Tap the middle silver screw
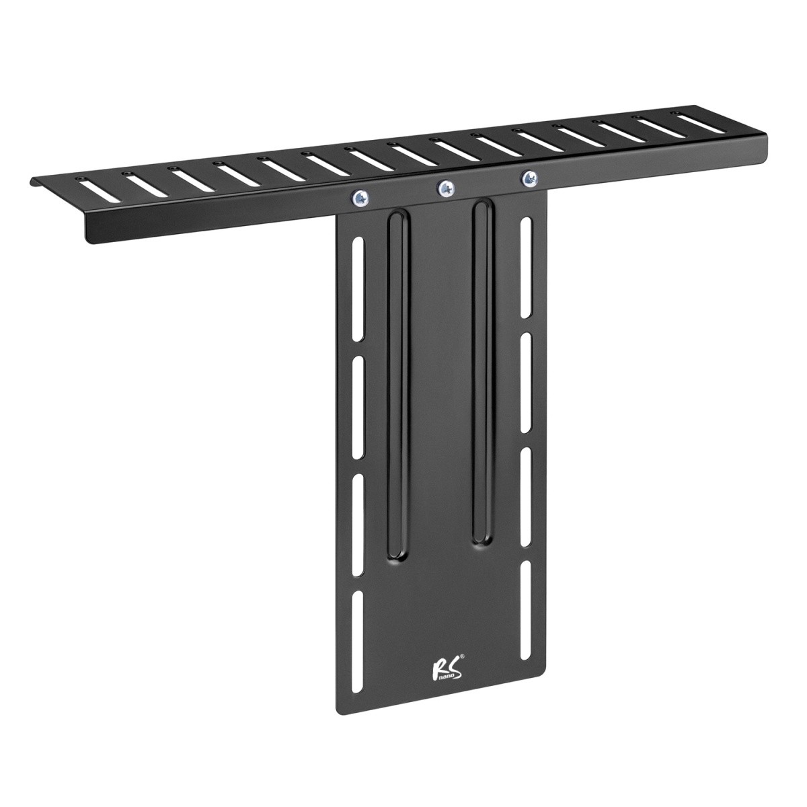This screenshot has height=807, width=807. coord(445,188)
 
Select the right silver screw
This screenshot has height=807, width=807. coord(529,179)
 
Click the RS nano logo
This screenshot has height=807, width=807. coord(438,689)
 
